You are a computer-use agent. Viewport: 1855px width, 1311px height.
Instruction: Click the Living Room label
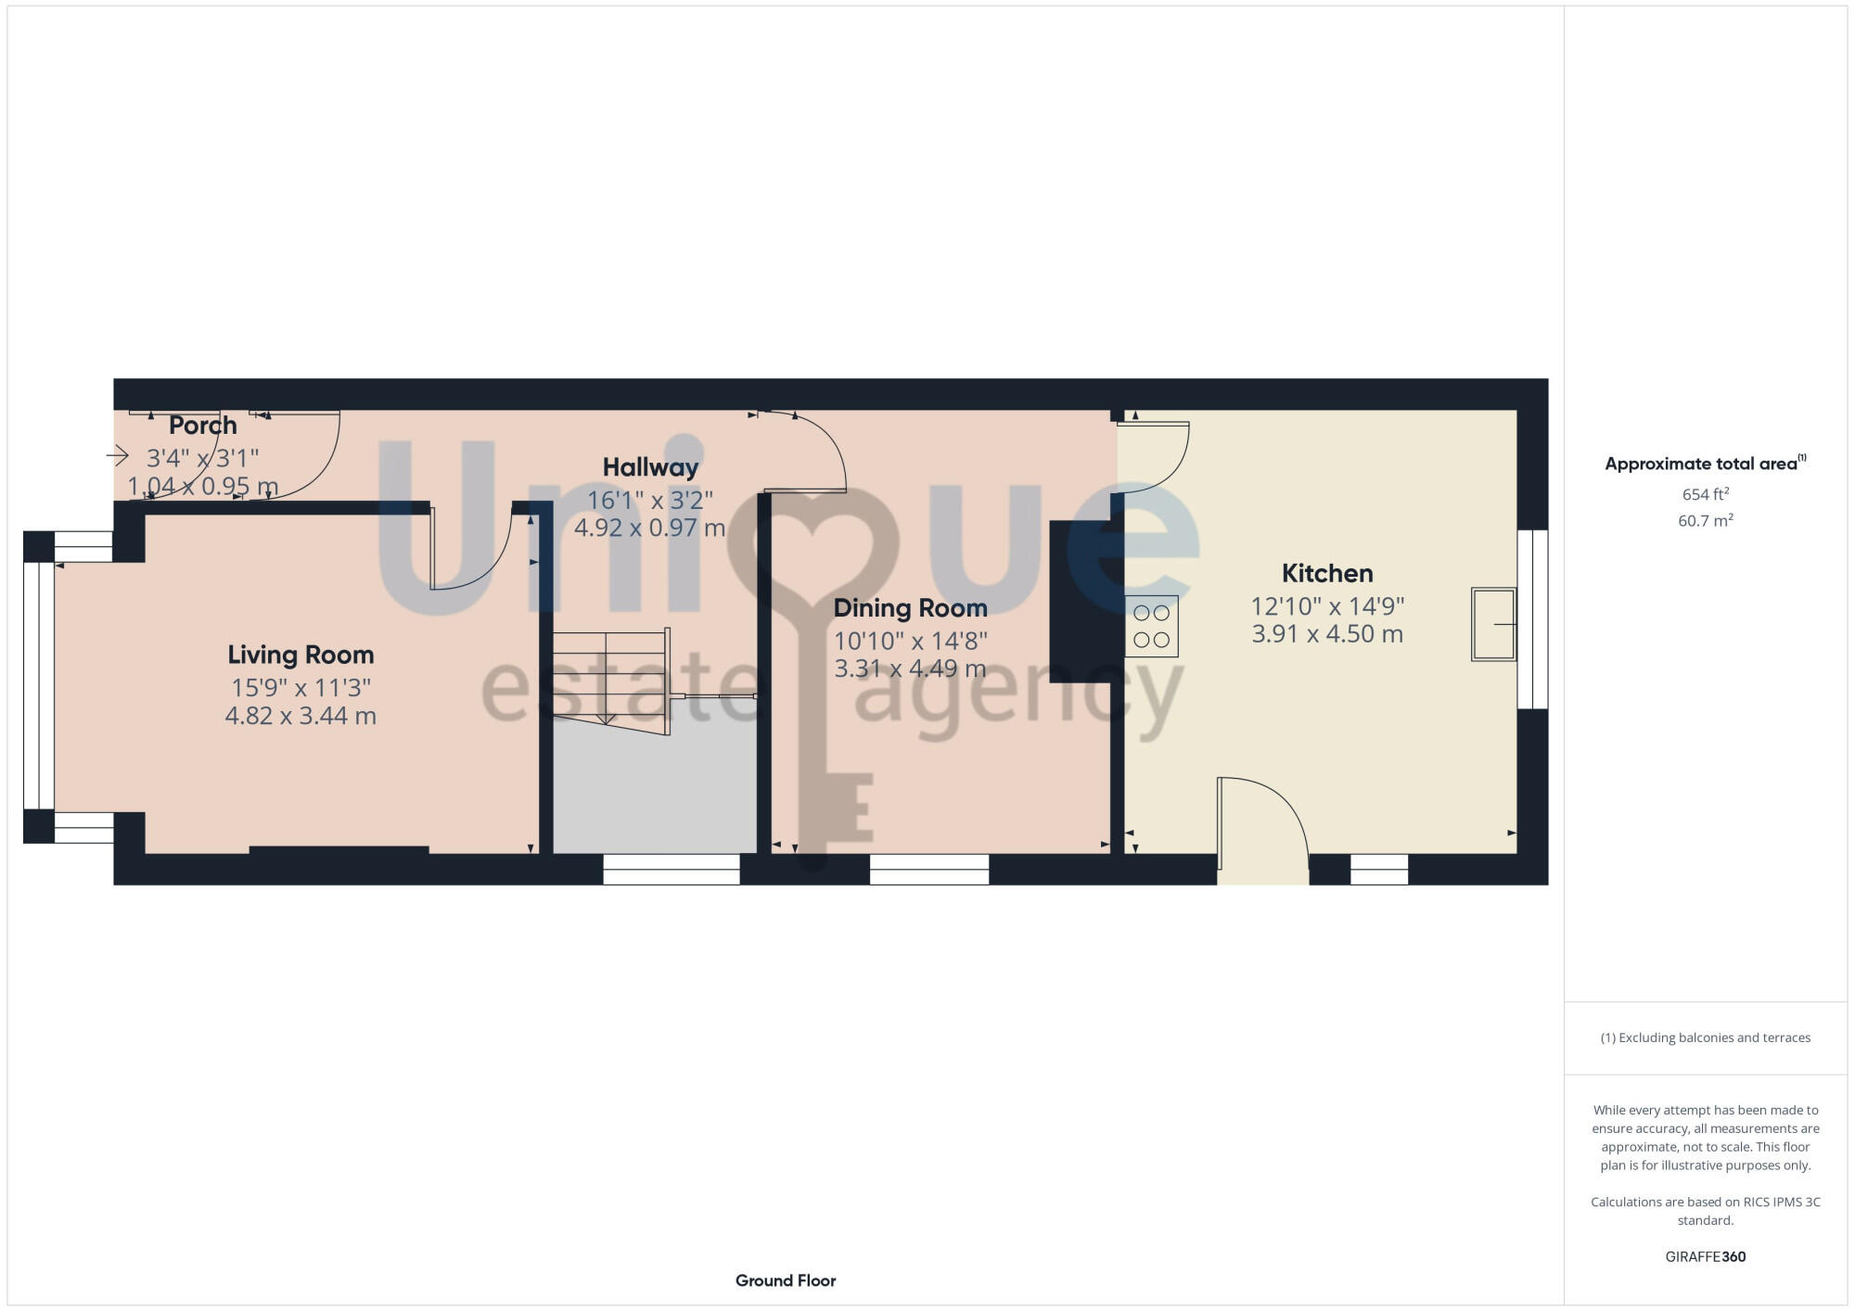[301, 655]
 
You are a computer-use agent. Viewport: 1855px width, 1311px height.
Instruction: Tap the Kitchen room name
[1327, 573]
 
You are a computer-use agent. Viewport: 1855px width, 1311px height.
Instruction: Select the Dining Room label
[910, 608]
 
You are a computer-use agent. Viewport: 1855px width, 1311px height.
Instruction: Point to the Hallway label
[650, 467]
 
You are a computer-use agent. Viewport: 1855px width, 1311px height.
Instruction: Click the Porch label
[203, 426]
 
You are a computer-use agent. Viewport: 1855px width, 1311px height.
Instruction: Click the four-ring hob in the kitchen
[1151, 626]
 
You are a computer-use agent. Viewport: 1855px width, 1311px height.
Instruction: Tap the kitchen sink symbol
[1493, 624]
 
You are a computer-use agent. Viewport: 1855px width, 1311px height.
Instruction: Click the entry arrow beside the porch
[118, 455]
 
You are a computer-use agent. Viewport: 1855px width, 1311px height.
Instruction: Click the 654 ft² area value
[1705, 494]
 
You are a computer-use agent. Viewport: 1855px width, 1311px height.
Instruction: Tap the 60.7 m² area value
[1705, 520]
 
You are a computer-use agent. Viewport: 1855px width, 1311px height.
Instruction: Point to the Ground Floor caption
[786, 1280]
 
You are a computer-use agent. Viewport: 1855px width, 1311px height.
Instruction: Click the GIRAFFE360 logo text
[1705, 1256]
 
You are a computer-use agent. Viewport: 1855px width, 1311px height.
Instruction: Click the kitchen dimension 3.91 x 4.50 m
[1327, 634]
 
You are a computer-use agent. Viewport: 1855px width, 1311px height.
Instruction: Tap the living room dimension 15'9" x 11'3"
[301, 687]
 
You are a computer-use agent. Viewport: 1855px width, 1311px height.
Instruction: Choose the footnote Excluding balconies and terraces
[1705, 1037]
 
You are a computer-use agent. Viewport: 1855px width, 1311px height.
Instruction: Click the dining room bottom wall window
[928, 869]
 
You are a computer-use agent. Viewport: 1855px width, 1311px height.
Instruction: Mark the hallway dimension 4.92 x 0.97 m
[649, 528]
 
